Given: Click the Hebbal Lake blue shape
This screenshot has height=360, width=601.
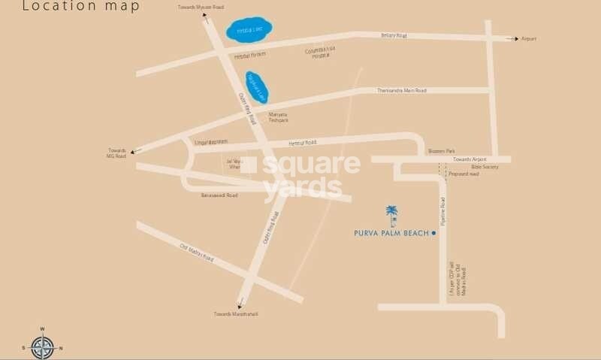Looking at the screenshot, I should coord(249,31).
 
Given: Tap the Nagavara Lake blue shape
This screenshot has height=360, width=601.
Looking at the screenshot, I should coord(256,88).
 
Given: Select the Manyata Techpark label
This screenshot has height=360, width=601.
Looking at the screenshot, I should coord(279,117).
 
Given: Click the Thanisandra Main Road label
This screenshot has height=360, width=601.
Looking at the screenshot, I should coord(401,90).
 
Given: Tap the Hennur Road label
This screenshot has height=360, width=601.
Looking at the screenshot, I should coord(303,142).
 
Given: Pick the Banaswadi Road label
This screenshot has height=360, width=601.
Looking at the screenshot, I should coord(219,195).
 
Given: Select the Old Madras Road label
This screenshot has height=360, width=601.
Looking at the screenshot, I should coord(197,253).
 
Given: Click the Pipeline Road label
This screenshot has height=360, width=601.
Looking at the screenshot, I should coord(443,211).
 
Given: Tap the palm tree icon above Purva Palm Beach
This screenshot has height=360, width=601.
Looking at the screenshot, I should coord(391,216).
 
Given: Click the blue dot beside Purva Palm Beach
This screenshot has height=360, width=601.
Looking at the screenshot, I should coord(434,233).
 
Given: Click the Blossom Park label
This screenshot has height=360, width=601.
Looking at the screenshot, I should coord(442,150).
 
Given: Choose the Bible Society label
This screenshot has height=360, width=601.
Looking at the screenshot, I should coord(485,166).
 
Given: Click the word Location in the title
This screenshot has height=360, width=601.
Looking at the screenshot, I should coord(49,7).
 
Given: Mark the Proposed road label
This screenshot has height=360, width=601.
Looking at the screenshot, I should coord(463,174).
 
